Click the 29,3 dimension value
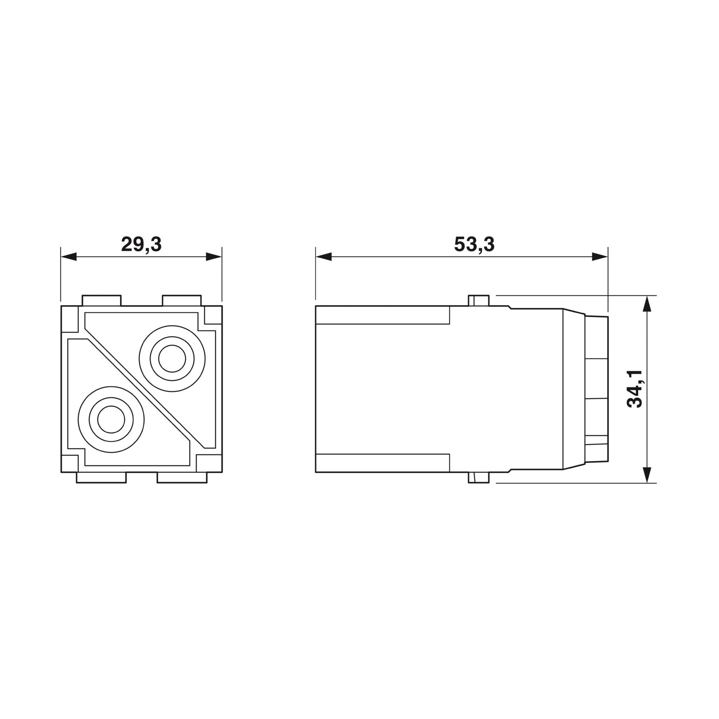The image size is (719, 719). click(x=141, y=244)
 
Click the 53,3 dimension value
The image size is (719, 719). click(x=474, y=244)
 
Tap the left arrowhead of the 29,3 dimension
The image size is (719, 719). click(x=68, y=257)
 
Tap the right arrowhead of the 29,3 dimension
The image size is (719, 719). click(x=214, y=257)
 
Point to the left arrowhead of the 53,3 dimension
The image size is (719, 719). click(x=324, y=257)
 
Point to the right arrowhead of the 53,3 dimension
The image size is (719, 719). click(x=600, y=257)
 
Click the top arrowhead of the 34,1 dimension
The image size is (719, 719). click(x=647, y=304)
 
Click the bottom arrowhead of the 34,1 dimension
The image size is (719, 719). click(x=647, y=475)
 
